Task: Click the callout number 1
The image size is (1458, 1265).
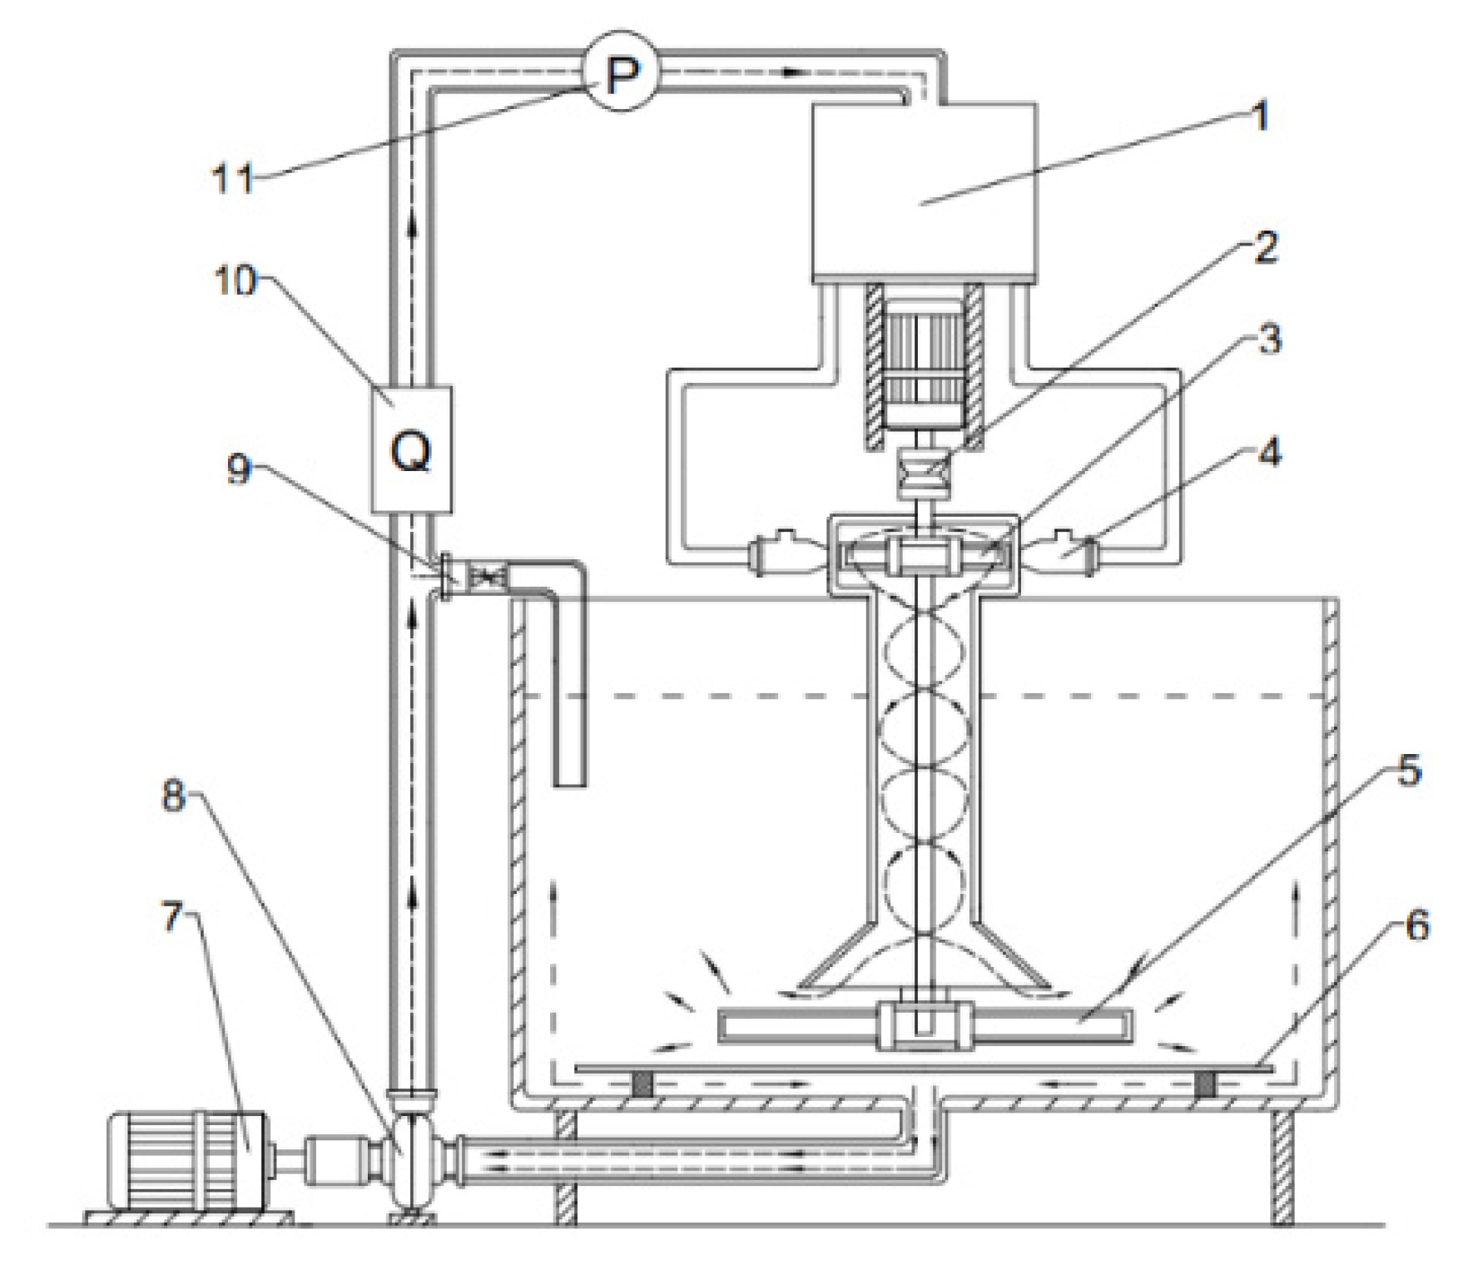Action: tap(1261, 117)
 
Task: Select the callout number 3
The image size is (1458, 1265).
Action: tap(1268, 340)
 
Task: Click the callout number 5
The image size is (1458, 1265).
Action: tap(1408, 771)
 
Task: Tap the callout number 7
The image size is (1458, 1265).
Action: tap(171, 916)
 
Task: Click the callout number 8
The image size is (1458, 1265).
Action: tap(173, 796)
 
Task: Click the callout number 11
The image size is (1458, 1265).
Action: tap(233, 177)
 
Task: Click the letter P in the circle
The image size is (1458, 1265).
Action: tap(622, 76)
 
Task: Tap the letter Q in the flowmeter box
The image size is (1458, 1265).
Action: tap(411, 452)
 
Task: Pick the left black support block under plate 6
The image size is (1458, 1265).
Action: tap(642, 1084)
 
